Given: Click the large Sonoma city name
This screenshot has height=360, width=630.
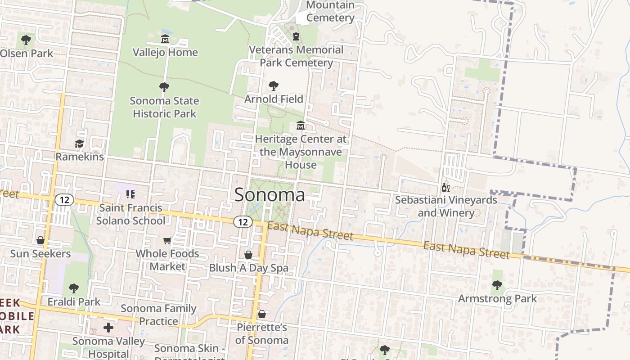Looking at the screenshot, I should point(270,195).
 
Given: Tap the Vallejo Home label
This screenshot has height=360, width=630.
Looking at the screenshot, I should point(165,52).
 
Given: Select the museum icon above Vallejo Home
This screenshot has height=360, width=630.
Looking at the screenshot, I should point(165,39).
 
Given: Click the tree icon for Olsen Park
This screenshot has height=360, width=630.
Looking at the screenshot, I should point(26,40).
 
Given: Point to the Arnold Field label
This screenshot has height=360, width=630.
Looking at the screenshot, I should point(274,99).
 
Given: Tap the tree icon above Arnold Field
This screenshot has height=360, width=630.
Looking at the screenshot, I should point(273,86).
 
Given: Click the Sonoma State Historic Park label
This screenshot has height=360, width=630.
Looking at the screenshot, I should point(164,107).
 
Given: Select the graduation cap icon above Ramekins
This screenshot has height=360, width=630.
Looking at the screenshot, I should point(79,144).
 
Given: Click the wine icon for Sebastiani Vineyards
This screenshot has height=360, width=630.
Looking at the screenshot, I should point(445,187).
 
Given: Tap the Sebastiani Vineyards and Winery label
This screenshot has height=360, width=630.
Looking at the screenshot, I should point(446,206).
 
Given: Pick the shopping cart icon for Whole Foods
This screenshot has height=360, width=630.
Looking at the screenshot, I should point(167,241).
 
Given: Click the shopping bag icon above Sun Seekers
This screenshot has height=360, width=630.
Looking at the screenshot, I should point(40,241).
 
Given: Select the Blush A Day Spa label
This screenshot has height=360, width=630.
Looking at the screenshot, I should point(248,268).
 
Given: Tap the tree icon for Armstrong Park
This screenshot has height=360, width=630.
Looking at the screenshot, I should point(497,285).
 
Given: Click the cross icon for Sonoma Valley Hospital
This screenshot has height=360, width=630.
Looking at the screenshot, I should point(108,328).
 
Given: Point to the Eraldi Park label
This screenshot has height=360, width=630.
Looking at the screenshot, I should point(74,301).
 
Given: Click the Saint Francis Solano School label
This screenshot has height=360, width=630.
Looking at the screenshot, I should point(130,214).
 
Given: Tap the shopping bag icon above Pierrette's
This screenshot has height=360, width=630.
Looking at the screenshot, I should point(262,314).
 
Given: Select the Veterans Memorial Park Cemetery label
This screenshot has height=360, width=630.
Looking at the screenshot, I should point(296,56).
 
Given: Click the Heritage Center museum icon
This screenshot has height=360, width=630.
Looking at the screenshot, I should point(301,126).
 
